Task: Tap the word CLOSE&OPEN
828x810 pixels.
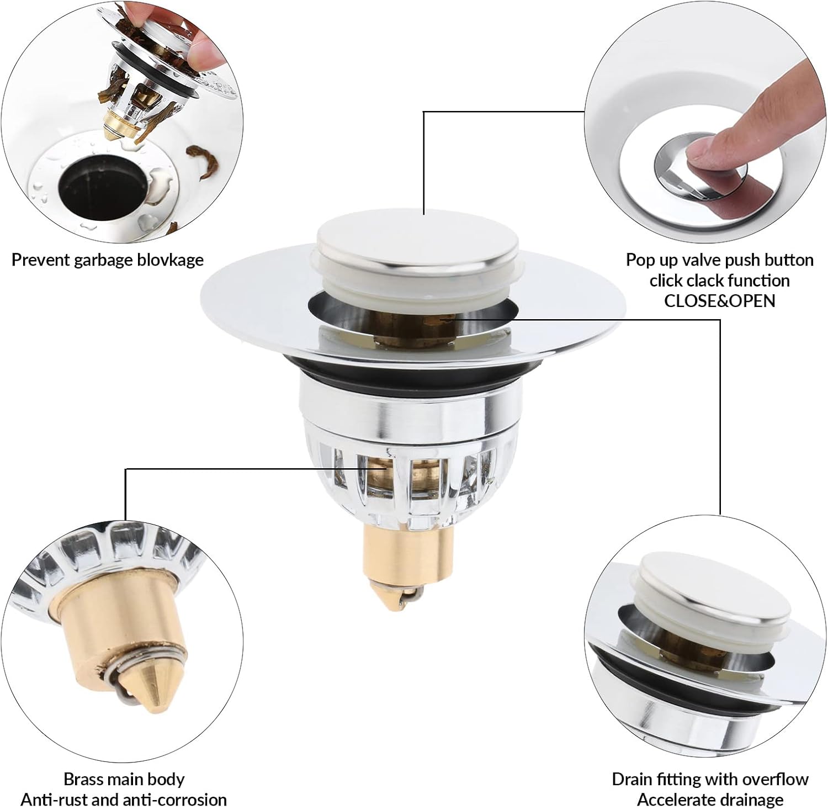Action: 719,301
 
